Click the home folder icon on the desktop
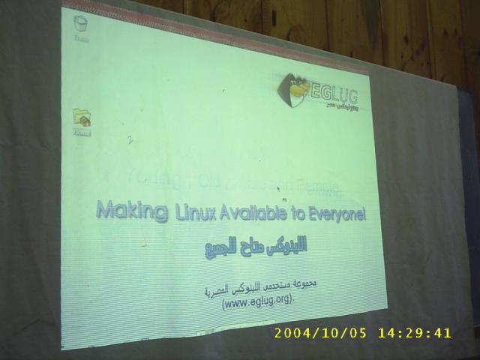coord(81,117)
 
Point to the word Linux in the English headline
coord(193,212)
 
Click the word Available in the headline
coord(253,214)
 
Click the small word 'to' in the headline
coord(296,215)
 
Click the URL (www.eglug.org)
coord(258,301)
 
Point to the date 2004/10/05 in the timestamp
coord(321,333)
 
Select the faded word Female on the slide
coord(319,184)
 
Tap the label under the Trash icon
coord(81,38)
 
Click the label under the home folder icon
coord(81,133)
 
